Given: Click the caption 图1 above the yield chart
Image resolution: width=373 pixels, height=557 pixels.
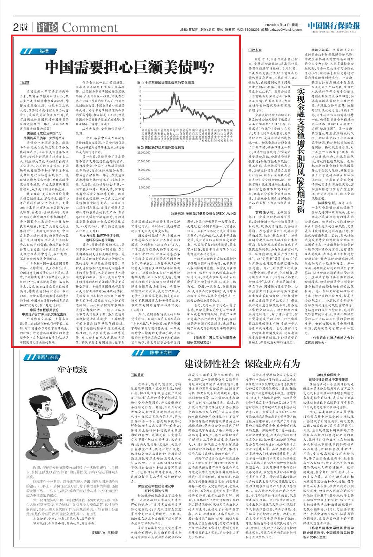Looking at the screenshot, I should coord(166,83).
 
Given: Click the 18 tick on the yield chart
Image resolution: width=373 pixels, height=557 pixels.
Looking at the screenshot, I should coord(140,91).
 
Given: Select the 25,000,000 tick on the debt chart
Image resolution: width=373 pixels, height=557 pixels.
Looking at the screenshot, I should coord(144,153).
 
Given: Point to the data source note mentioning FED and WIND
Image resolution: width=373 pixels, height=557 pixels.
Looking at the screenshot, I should coord(203,213).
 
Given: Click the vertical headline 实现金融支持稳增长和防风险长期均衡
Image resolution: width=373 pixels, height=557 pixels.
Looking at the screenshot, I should coord(300,150).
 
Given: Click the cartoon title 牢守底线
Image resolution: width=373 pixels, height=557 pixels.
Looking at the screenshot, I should coord(72,369).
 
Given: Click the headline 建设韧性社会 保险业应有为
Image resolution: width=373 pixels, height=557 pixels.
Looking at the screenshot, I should coord(242,364).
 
